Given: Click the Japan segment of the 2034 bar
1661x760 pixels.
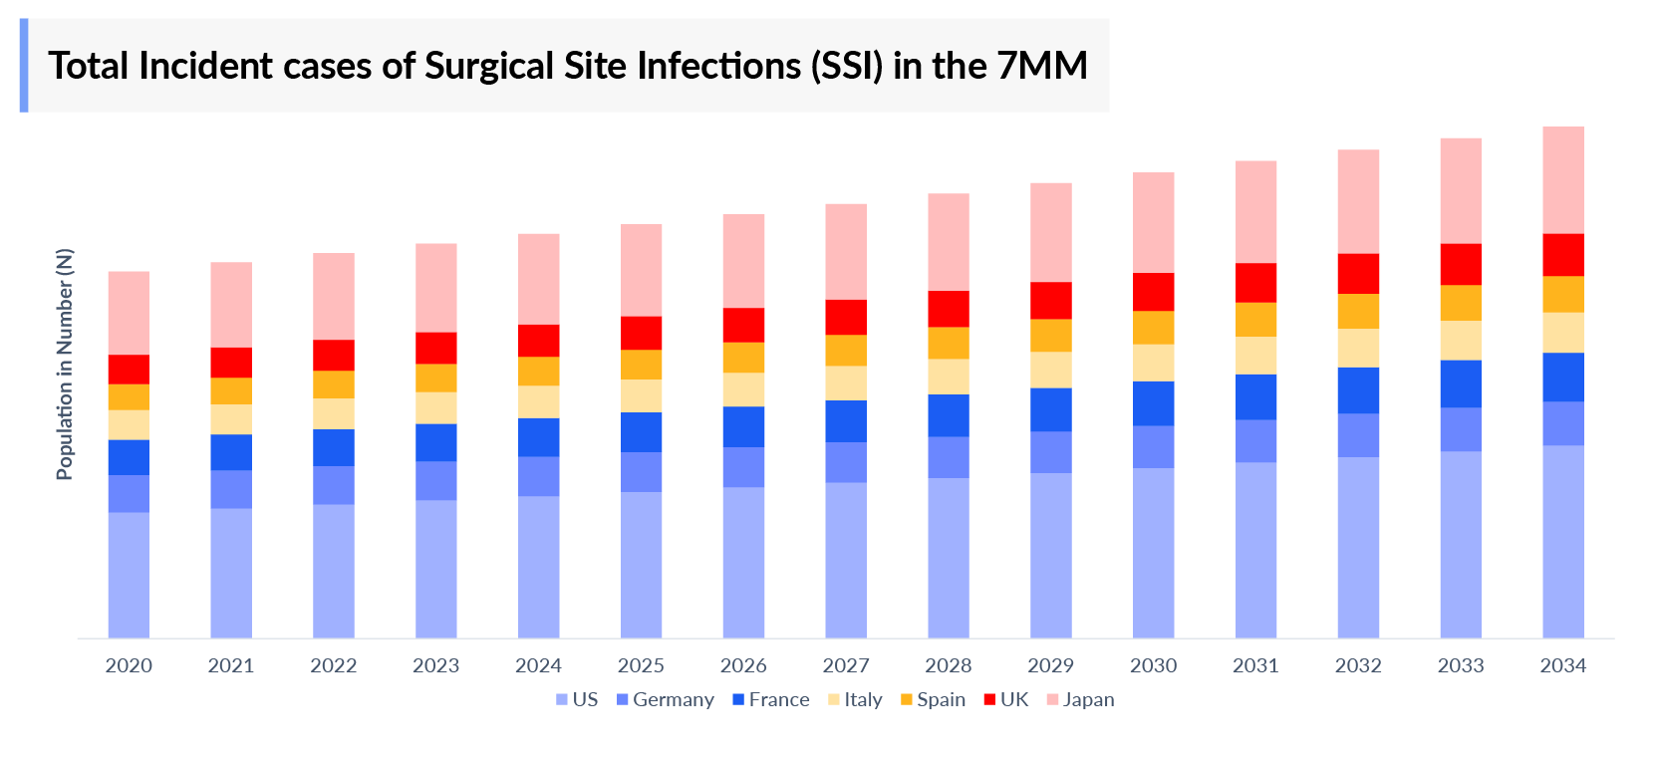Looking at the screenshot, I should tap(1562, 179).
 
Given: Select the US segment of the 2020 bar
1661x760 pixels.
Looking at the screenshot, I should tap(129, 575).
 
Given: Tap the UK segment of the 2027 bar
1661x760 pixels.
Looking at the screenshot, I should tap(846, 317).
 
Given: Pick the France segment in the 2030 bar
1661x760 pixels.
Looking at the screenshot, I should tap(1153, 403).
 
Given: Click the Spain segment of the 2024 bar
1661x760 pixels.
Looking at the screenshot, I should tap(538, 371).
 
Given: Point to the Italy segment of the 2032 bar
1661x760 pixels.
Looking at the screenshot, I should tap(1358, 348).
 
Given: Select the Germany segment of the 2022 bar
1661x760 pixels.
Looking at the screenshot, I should tap(333, 485).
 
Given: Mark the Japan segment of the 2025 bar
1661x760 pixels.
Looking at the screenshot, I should tap(641, 270).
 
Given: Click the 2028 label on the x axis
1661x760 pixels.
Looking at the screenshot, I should tap(948, 665).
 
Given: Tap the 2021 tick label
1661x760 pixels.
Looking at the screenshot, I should tap(230, 665).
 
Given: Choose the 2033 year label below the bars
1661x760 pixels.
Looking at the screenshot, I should tap(1460, 665).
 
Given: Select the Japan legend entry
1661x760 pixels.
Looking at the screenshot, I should tap(1087, 699).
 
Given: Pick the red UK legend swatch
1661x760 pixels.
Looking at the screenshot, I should tap(989, 699).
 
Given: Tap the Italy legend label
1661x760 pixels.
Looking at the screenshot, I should tap(863, 699).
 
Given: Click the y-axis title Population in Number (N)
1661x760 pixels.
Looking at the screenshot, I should tap(65, 365).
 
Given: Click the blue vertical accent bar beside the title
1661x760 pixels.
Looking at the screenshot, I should tap(24, 66).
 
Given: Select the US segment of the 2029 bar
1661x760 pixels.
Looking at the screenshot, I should tap(1050, 555).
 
